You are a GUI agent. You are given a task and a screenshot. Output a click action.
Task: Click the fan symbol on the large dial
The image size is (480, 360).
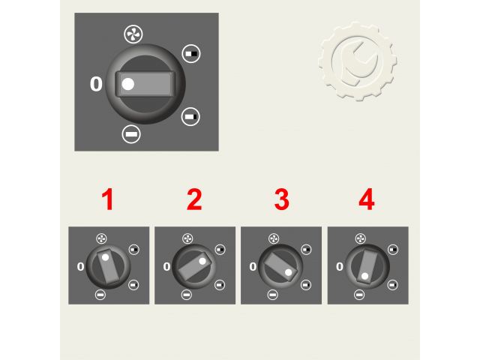[133, 34]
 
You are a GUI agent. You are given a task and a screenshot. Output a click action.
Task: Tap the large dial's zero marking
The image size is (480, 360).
[96, 84]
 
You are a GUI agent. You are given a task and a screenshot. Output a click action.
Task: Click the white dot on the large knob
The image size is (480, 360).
[128, 84]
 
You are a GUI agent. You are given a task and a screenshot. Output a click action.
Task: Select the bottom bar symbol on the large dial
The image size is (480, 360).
[131, 134]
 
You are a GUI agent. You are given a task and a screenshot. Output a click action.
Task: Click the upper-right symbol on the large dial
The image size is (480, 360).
[191, 53]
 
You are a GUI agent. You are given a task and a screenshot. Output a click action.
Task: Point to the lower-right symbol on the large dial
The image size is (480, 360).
[190, 117]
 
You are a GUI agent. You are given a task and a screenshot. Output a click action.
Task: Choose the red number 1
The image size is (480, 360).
[108, 199]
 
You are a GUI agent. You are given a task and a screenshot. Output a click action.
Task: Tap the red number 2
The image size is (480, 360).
[194, 199]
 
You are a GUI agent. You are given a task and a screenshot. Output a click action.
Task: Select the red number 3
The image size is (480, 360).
[282, 199]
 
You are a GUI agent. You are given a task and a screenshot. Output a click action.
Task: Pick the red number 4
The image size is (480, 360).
[367, 199]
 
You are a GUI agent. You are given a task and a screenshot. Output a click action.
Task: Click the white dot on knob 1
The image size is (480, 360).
[105, 257]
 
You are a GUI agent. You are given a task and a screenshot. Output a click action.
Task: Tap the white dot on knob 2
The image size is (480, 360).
[202, 261]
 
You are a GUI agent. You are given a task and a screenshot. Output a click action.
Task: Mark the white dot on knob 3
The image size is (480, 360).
[288, 272]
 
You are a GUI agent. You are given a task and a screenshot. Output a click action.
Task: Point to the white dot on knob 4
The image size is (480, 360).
[364, 276]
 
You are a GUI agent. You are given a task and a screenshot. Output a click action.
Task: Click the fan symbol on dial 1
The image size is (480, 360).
[101, 238]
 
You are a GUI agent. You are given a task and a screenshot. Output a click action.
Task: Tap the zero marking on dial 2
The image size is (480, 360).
[166, 267]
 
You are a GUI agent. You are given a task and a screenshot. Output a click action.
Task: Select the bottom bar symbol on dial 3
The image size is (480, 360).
[272, 295]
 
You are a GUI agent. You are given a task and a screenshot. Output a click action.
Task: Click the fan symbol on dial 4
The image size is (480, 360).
[361, 238]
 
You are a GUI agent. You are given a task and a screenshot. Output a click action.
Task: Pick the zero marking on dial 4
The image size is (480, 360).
[340, 267]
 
